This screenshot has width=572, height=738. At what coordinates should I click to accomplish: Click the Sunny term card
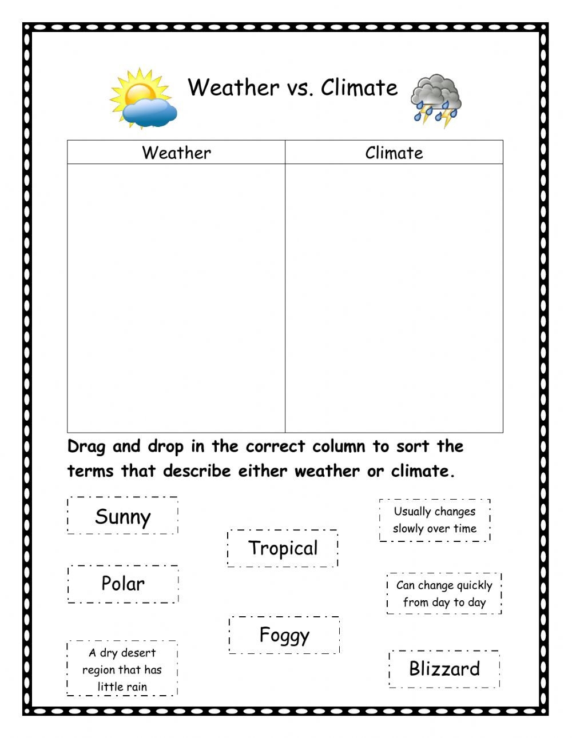point(122,516)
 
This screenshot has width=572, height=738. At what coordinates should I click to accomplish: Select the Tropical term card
point(283,548)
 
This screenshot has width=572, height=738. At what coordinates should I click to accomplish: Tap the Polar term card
point(123,584)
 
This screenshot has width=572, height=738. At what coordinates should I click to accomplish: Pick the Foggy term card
point(284,635)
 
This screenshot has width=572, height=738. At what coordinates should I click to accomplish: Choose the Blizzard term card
point(444,668)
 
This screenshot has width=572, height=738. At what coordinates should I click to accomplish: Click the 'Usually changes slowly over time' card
point(435,520)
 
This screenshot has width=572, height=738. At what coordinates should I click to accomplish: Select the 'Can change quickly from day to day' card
point(444,593)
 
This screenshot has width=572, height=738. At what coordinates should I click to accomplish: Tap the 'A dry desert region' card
point(122,669)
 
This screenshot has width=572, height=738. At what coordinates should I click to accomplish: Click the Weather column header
point(176,153)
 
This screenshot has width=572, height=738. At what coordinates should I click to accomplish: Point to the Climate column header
point(394,153)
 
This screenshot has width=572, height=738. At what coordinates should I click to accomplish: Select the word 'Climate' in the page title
point(359,88)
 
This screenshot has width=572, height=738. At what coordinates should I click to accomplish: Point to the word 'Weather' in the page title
point(233,88)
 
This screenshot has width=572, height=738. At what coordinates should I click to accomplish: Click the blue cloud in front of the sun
point(150,113)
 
